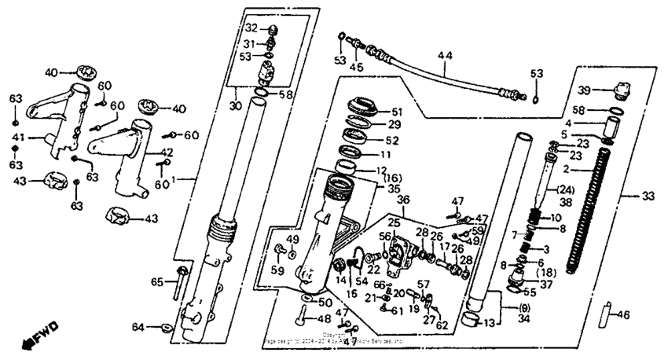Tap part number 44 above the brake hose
pyautogui.click(x=446, y=56)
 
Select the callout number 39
pyautogui.click(x=584, y=90)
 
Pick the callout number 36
pyautogui.click(x=402, y=202)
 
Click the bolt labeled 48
pyautogui.click(x=303, y=319)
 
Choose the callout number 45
pyautogui.click(x=358, y=68)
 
